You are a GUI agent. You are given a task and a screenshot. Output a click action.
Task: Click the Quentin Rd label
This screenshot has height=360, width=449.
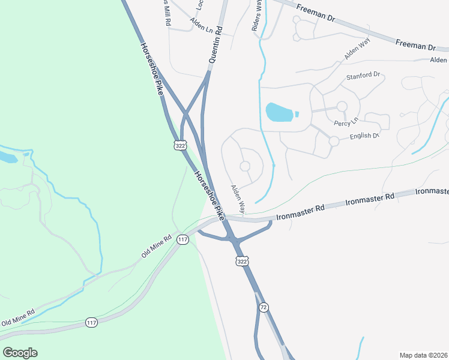point(216,45)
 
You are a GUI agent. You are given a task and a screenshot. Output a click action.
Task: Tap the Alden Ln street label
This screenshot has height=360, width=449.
point(201,25)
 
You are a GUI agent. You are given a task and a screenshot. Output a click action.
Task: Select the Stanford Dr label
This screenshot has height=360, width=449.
point(364,76)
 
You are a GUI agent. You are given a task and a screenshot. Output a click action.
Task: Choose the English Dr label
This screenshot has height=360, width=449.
point(364,136)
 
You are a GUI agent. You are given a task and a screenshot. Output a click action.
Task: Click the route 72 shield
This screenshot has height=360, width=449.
point(264,307)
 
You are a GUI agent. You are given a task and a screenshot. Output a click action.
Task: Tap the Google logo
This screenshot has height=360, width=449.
point(20,353)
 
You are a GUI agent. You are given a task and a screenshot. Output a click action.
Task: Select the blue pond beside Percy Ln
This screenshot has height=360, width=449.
point(280,112)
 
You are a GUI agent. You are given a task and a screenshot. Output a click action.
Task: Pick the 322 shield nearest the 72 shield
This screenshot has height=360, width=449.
point(241,262)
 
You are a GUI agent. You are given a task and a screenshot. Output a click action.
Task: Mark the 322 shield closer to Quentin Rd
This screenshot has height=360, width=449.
point(180,145)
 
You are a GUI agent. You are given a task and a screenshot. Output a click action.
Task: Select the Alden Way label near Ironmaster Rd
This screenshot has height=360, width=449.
point(238,199)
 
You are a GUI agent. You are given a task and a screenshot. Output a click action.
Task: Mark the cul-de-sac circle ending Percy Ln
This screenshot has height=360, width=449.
point(342,107)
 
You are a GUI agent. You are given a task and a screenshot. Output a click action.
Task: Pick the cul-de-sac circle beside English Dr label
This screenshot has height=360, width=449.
point(334,141)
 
